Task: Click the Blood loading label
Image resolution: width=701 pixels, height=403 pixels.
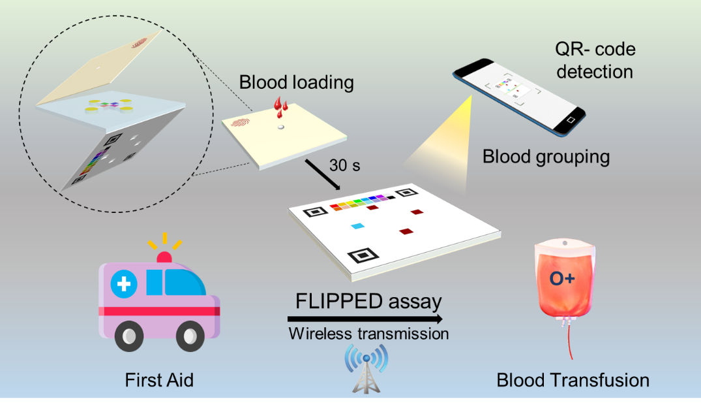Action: (296, 83)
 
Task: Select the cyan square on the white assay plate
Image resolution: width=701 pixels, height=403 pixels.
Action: (357, 226)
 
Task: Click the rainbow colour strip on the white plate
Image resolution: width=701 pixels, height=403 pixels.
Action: (361, 201)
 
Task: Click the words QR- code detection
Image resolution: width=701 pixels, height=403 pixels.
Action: (594, 59)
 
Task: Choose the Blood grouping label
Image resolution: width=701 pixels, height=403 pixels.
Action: (546, 157)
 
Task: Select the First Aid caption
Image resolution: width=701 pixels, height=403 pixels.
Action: (160, 379)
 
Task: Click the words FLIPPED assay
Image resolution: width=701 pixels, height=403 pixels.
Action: (368, 302)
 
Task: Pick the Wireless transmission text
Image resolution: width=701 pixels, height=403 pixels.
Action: (368, 334)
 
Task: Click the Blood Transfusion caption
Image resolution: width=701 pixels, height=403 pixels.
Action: (573, 380)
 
